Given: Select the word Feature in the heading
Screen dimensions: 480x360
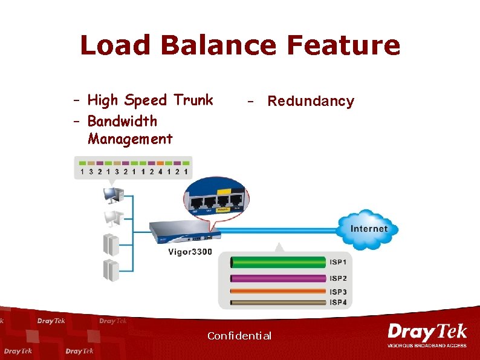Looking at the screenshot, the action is click(x=343, y=45).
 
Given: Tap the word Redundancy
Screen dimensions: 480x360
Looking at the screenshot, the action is click(x=311, y=101).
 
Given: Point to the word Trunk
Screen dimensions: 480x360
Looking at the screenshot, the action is click(x=193, y=100).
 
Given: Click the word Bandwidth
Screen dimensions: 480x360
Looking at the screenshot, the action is click(x=122, y=121).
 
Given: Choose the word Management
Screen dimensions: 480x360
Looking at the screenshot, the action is click(x=130, y=139).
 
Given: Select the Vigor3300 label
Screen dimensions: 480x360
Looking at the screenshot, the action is click(x=190, y=252).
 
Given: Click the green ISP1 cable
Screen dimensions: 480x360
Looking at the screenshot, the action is click(x=278, y=263).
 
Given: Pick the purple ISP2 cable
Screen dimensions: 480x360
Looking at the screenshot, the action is click(x=278, y=278).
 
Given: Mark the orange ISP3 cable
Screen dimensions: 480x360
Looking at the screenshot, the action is click(x=278, y=292).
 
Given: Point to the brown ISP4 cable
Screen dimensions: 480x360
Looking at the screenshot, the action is click(x=278, y=301).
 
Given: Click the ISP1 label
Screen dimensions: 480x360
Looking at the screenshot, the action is click(x=338, y=263).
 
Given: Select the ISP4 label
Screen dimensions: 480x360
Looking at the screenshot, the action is click(x=338, y=302).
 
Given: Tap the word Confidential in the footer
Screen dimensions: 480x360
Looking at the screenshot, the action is click(x=239, y=336).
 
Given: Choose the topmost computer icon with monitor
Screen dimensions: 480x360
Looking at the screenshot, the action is click(x=113, y=195).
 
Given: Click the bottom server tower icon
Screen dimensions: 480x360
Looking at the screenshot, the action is click(x=110, y=269).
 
